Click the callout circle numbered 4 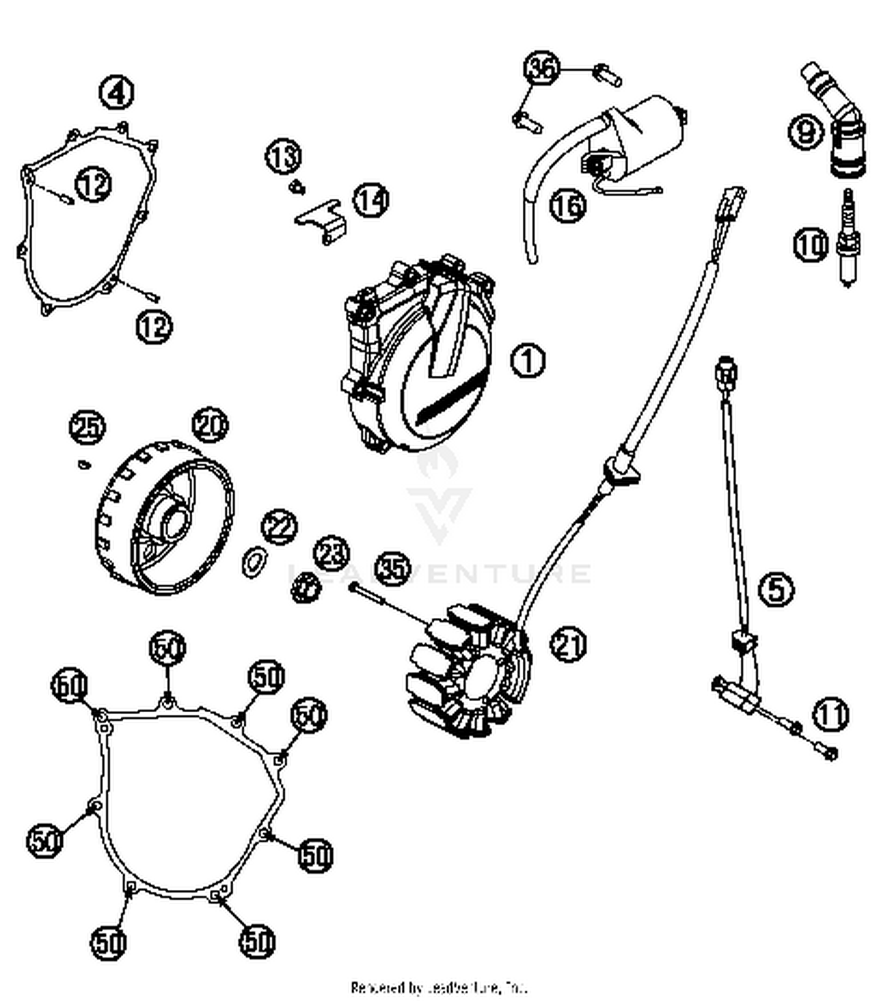click(x=117, y=93)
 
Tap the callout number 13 click(x=284, y=157)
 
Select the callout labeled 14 click(x=370, y=200)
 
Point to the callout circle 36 click(x=541, y=69)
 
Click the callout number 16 click(x=567, y=205)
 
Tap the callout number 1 click(x=528, y=360)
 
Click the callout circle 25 click(x=87, y=426)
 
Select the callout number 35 click(x=392, y=568)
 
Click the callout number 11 click(x=830, y=714)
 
